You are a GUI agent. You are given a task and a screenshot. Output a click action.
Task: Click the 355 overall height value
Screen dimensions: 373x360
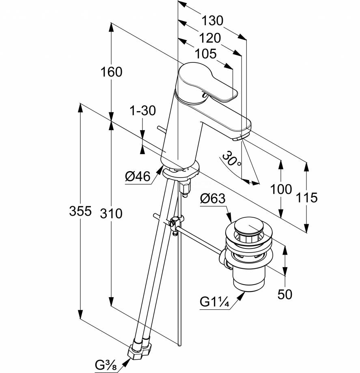click(80, 212)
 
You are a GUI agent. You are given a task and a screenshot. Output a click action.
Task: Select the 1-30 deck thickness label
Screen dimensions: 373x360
click(142, 110)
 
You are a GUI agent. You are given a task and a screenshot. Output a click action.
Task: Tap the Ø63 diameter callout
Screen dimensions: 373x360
click(213, 199)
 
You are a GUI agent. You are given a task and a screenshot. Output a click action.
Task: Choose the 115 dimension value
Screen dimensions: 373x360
click(306, 197)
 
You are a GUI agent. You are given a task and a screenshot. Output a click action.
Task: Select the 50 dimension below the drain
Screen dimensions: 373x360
click(285, 294)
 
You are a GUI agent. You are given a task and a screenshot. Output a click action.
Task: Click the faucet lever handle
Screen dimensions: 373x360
click(207, 83)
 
